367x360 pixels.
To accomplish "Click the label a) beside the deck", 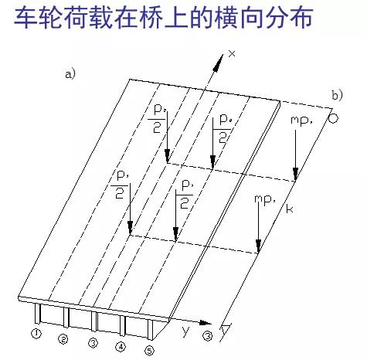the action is tap(70, 74).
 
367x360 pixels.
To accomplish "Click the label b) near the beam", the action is tap(337, 95).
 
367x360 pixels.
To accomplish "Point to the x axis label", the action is tap(232, 53).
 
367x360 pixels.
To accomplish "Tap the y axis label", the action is tap(185, 331).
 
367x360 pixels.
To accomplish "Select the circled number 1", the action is tap(36, 334).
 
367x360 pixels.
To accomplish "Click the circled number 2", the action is tap(63, 339).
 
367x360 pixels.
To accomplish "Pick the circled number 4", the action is tap(121, 347).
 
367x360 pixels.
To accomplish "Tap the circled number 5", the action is tap(150, 351).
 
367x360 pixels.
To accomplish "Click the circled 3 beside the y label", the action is tap(208, 336).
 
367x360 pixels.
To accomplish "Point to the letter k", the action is tap(290, 209).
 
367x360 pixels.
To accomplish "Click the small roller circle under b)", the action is tap(333, 118).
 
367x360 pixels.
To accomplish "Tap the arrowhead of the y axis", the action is tap(206, 323).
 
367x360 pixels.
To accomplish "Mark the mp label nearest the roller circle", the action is tap(301, 121).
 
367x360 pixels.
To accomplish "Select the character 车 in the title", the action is tap(25, 17).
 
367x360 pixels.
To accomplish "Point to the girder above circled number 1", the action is tap(38, 313).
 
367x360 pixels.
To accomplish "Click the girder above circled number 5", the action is tap(150, 329).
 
